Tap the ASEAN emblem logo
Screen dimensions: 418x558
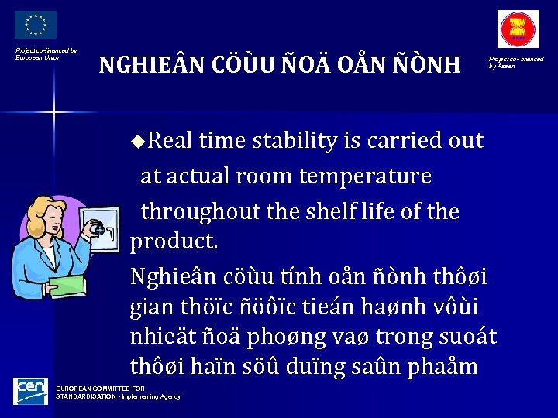(518, 30)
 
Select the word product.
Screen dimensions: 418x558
(174, 242)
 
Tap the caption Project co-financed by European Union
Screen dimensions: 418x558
(46, 53)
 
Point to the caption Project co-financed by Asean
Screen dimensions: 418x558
(515, 62)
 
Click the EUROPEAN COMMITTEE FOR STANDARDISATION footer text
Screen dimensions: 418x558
(116, 392)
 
